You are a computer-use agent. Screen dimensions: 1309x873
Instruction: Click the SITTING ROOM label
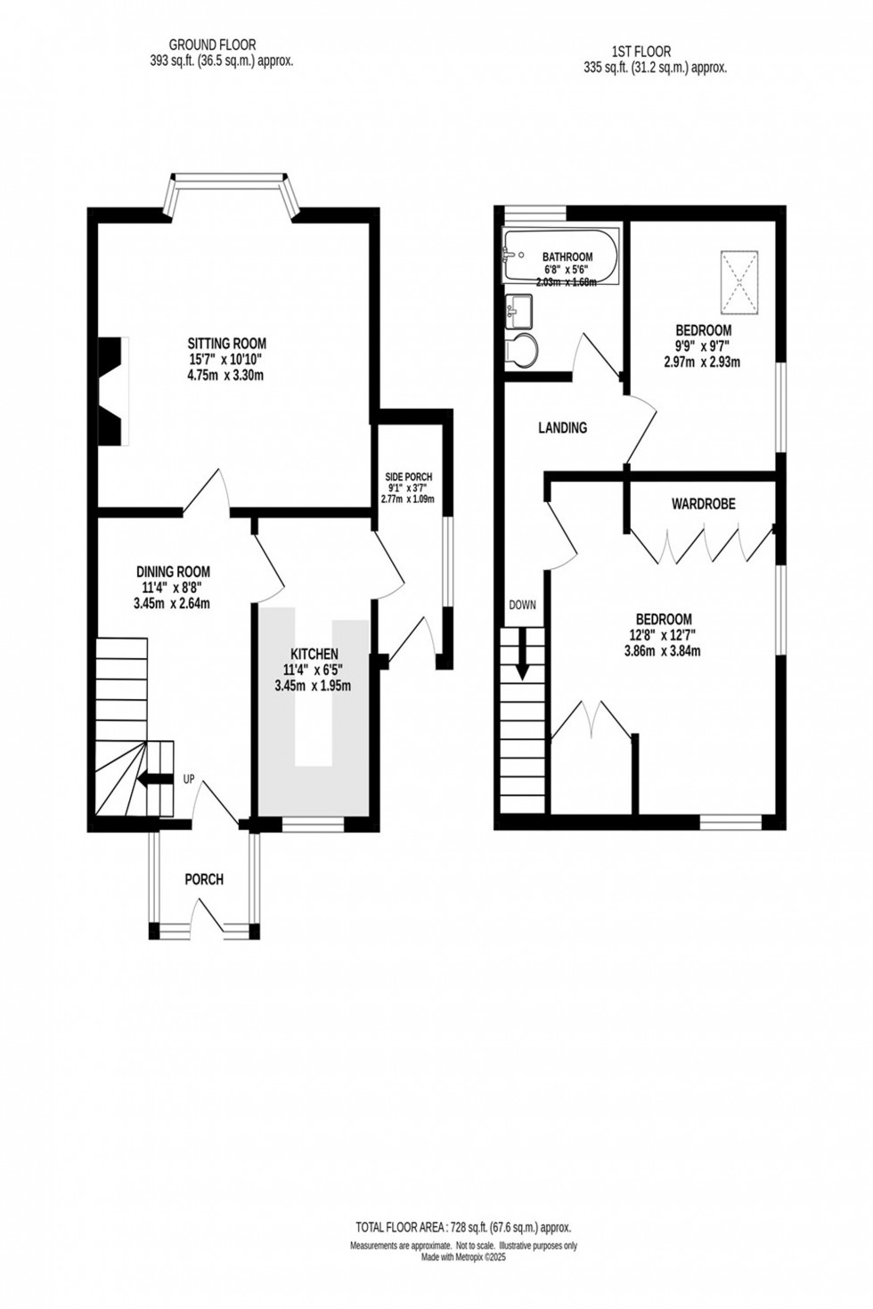click(x=226, y=343)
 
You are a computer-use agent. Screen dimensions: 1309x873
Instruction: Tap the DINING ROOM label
click(x=173, y=572)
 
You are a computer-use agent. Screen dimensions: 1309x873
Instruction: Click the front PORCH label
click(x=203, y=879)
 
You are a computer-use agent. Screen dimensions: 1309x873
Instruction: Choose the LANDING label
click(x=562, y=427)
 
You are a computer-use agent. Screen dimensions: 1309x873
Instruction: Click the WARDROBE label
click(x=703, y=504)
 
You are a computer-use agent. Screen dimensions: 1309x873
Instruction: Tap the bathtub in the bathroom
click(x=559, y=258)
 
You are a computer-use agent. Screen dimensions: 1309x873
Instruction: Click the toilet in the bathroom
click(x=521, y=351)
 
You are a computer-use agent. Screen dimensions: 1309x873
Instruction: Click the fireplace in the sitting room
click(x=114, y=390)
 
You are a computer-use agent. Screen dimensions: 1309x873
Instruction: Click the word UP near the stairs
click(x=189, y=779)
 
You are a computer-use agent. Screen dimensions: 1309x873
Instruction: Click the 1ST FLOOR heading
click(x=641, y=52)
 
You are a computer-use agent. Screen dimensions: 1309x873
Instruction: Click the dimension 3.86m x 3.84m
click(x=663, y=651)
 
